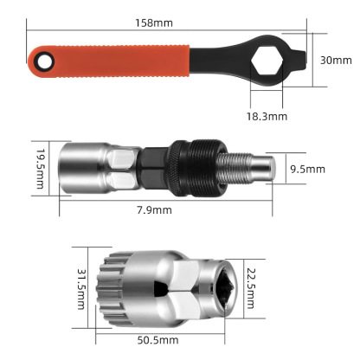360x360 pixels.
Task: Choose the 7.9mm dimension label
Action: tap(155, 209)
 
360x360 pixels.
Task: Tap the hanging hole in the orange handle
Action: tap(40, 61)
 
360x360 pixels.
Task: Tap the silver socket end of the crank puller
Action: tap(82, 166)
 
